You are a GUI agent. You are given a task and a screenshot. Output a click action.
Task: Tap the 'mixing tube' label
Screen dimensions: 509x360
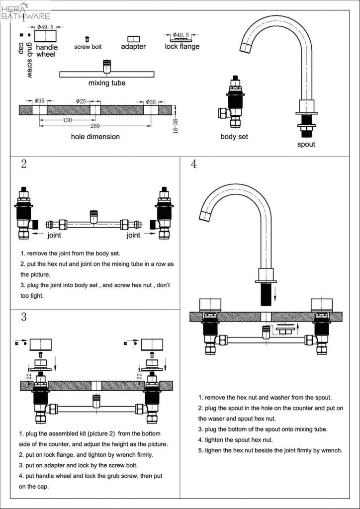click(106, 83)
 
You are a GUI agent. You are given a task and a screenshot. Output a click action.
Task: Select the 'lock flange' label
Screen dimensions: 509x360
click(182, 47)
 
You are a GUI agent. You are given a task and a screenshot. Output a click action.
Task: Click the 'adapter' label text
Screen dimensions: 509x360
click(133, 47)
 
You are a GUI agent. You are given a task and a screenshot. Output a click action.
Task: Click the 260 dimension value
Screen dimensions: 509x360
click(95, 126)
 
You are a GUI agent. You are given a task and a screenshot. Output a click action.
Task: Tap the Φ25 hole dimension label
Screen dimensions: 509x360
click(81, 101)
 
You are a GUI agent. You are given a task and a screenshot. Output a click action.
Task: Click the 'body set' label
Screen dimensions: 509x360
click(234, 136)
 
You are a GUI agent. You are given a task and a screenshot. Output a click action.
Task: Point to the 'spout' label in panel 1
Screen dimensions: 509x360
click(306, 145)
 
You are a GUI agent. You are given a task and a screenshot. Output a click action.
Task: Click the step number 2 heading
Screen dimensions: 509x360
click(24, 165)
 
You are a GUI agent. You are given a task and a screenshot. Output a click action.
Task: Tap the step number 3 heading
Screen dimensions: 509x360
click(24, 317)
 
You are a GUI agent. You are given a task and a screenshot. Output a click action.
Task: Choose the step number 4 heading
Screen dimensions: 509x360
click(193, 165)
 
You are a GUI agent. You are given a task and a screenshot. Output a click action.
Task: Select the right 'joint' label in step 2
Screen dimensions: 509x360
click(133, 235)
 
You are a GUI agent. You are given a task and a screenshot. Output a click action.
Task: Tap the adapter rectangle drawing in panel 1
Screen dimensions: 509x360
click(133, 39)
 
